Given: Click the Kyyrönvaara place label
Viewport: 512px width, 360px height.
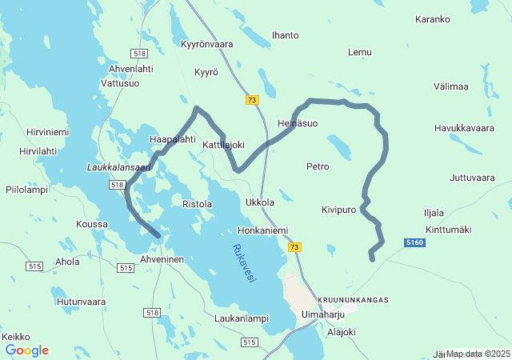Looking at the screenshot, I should pyautogui.click(x=207, y=44).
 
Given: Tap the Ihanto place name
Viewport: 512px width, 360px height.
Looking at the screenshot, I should pyautogui.click(x=286, y=35).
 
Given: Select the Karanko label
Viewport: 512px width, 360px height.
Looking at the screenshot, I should pyautogui.click(x=433, y=19).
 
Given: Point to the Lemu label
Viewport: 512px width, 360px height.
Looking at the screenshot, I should pyautogui.click(x=360, y=52).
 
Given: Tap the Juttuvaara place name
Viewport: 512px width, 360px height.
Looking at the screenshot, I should pyautogui.click(x=473, y=178).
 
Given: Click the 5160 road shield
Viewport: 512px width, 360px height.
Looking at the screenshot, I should pyautogui.click(x=415, y=242).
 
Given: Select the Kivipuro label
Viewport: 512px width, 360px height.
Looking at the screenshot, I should pyautogui.click(x=338, y=210).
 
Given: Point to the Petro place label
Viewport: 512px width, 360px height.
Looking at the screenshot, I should pyautogui.click(x=318, y=166).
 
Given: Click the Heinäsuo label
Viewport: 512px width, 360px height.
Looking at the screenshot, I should pyautogui.click(x=298, y=124).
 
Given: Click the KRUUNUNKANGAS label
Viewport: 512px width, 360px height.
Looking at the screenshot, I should pyautogui.click(x=353, y=300).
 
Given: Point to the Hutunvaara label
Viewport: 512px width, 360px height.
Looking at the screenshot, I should pyautogui.click(x=82, y=302).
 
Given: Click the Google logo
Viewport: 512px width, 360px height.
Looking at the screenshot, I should pyautogui.click(x=26, y=350).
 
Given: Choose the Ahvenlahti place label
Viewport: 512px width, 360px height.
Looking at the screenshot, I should pyautogui.click(x=130, y=69).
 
